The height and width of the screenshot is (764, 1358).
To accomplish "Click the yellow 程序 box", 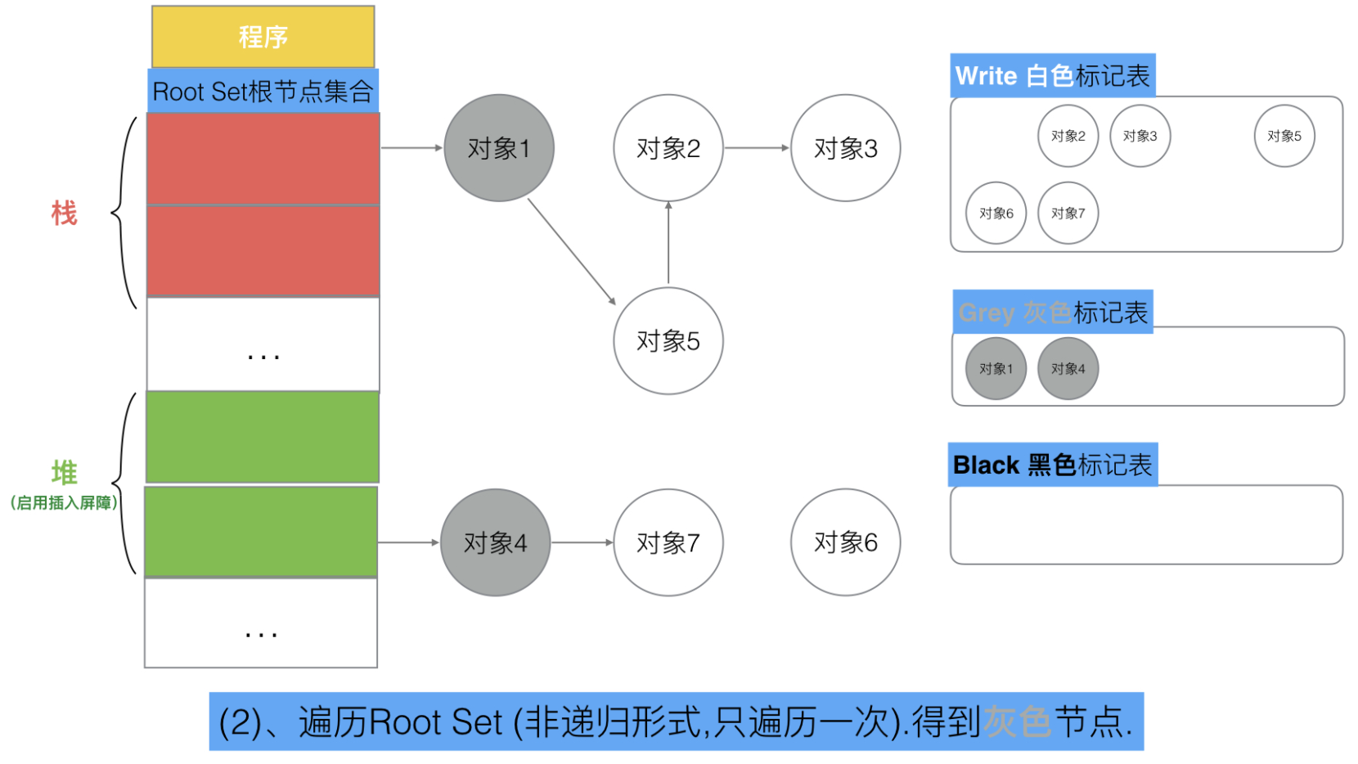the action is (263, 36).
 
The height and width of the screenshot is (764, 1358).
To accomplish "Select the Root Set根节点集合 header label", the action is (263, 91).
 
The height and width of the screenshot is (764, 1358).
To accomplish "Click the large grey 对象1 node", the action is (499, 148).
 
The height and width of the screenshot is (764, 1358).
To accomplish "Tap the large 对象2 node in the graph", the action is (668, 148).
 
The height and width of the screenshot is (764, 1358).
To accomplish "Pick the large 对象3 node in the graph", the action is (846, 148).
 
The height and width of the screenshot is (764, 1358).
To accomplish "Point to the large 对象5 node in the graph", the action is (668, 341).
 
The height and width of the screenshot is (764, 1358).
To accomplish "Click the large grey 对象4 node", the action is (495, 542).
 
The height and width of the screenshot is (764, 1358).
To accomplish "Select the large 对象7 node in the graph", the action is (668, 542).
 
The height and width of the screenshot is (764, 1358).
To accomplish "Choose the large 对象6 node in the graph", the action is (846, 542).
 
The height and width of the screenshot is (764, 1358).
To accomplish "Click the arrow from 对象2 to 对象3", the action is (758, 148).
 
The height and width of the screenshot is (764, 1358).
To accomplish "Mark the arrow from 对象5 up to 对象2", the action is (668, 243).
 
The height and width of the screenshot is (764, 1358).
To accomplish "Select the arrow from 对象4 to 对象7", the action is (582, 542).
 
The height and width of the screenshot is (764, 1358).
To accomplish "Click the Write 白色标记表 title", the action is (1052, 76).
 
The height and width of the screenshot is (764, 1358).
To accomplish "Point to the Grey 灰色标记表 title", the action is (1053, 312).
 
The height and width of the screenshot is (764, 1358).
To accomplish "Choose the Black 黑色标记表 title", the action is (1052, 465).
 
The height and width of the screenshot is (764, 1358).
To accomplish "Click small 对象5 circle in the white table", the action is (1284, 136).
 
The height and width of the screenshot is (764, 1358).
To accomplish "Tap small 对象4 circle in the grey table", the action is (1068, 369).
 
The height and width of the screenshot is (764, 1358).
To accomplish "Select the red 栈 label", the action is (65, 213).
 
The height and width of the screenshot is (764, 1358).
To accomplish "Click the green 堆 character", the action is (65, 472).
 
